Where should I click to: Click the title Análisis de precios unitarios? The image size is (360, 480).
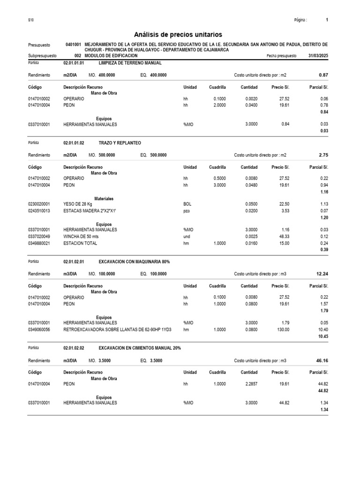[178, 35]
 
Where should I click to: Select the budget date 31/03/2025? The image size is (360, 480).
[317, 55]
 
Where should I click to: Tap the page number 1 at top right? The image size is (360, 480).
[327, 20]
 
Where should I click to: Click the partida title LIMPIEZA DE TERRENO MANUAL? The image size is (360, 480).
[130, 62]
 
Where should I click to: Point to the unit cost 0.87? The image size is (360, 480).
[323, 75]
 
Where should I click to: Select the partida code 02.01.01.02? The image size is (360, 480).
[74, 142]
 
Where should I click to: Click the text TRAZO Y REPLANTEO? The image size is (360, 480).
[120, 142]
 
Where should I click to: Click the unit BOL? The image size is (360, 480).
[187, 204]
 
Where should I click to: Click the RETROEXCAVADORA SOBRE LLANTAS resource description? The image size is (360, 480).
[117, 330]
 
